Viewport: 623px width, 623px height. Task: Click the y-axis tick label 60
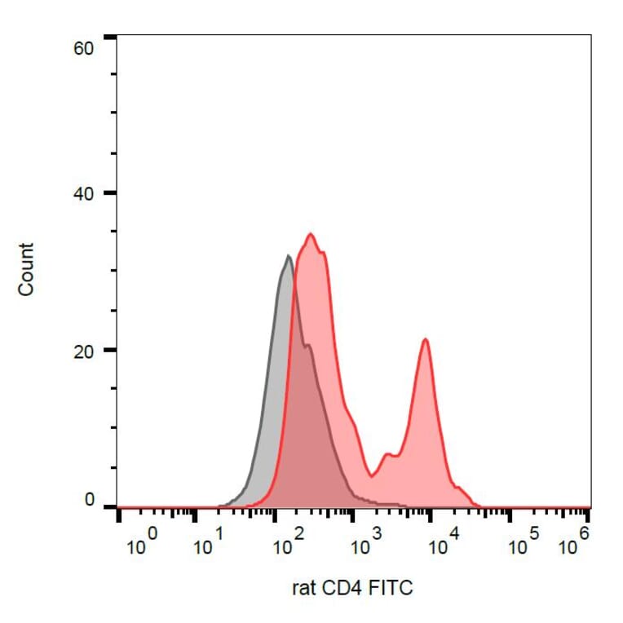click(84, 49)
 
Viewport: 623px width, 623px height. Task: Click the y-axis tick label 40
click(84, 194)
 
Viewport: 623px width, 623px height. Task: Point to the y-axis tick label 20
click(84, 351)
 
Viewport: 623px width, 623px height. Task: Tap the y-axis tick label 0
click(89, 501)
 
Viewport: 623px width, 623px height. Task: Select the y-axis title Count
click(26, 269)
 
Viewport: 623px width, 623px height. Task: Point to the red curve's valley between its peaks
click(372, 475)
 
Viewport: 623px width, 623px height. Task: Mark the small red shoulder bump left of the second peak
click(389, 453)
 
